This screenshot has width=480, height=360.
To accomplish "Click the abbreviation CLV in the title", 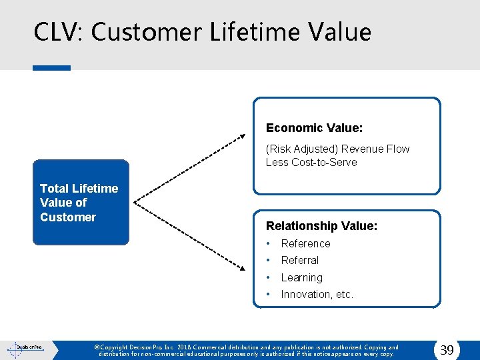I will click(x=57, y=32).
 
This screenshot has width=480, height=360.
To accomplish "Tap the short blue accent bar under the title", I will click(x=51, y=67).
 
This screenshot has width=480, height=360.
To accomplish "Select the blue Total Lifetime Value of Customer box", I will click(x=81, y=203).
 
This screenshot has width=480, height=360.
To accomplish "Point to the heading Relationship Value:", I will click(x=321, y=226).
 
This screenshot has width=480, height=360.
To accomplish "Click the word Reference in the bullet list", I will click(x=305, y=243).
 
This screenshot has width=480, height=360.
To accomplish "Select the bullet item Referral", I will click(x=300, y=260).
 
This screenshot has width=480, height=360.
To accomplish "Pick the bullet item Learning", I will click(x=301, y=277).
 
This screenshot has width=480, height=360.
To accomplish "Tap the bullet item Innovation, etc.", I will click(x=317, y=294).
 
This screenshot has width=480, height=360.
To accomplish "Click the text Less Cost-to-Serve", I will click(x=311, y=162).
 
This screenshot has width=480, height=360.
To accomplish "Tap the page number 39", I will click(x=447, y=350).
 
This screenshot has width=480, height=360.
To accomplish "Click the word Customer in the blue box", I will click(x=68, y=217).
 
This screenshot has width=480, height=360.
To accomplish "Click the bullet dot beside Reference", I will click(x=269, y=243).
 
